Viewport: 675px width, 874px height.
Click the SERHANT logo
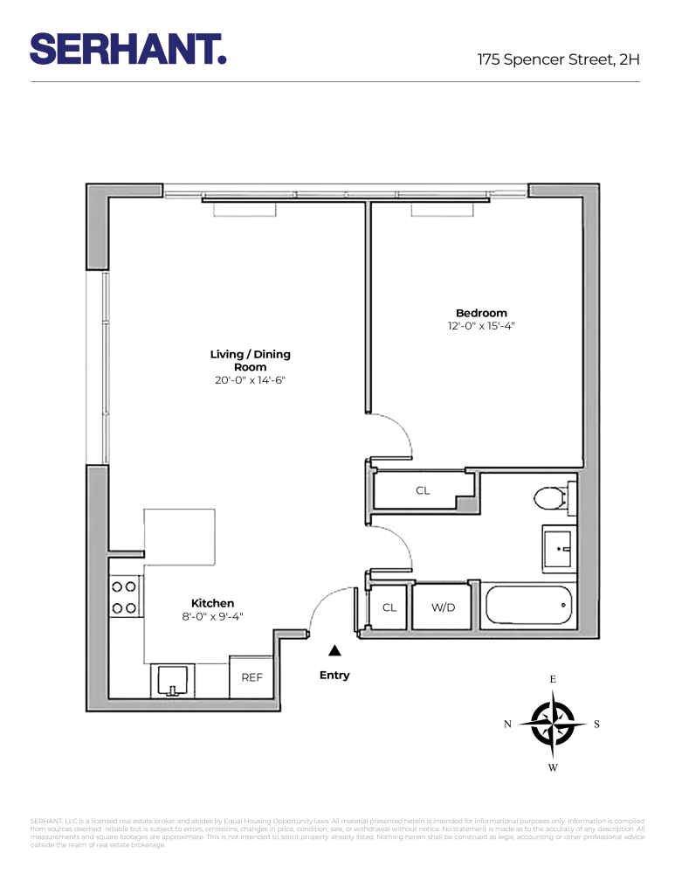point(128,48)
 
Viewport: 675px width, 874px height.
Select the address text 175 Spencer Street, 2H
point(558,60)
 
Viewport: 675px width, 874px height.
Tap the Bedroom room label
point(481,313)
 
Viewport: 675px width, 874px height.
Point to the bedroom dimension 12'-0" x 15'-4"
point(481,327)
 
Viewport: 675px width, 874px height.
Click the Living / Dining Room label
point(250,361)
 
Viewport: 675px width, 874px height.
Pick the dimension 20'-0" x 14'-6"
point(250,381)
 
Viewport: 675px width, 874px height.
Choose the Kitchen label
point(212,603)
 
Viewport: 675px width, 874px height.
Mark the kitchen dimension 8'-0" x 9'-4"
point(212,616)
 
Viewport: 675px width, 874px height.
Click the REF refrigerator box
point(251,677)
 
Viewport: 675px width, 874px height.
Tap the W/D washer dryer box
point(444,607)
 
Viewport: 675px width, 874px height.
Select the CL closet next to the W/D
point(389,607)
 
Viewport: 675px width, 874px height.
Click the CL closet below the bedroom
point(423,491)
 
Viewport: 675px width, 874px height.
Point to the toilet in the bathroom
point(552,499)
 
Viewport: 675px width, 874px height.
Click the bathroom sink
point(558,550)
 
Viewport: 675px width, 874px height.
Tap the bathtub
point(528,605)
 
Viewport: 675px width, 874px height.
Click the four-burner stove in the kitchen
point(125,597)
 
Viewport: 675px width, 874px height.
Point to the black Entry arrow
point(334,651)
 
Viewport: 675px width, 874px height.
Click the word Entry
point(334,675)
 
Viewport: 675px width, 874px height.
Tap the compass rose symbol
point(553,724)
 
